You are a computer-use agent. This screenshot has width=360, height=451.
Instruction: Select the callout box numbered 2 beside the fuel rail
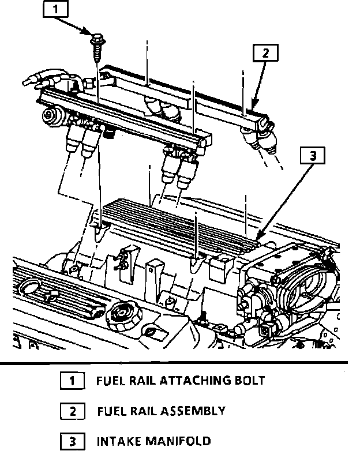[265, 54]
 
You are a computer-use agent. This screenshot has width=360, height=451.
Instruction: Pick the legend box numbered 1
[72, 381]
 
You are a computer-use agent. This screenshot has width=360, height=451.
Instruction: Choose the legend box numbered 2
[72, 412]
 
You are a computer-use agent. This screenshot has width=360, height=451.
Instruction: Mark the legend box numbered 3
[72, 442]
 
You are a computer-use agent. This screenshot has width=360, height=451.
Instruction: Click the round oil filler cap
[121, 313]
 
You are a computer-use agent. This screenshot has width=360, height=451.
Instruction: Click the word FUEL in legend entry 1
[110, 381]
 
